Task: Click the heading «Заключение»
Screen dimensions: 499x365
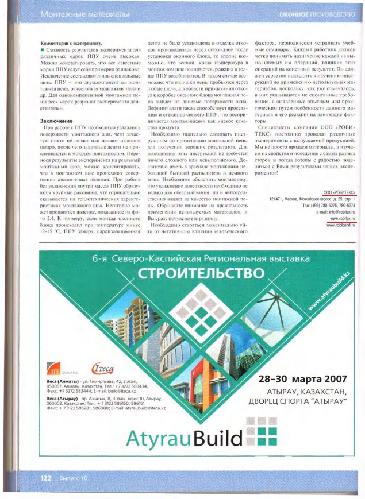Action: click(56, 121)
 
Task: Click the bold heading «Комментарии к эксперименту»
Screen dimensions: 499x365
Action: click(72, 44)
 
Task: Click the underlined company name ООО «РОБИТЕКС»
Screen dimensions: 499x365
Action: click(340, 192)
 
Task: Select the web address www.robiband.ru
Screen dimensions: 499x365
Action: click(341, 225)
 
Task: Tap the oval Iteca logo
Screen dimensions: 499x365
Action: click(103, 369)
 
